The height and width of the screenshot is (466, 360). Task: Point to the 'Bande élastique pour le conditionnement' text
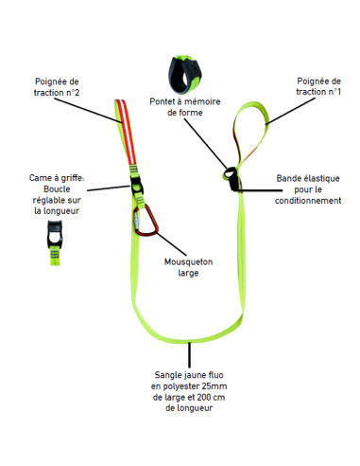(307, 189)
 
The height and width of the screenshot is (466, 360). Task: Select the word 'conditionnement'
(307, 201)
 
